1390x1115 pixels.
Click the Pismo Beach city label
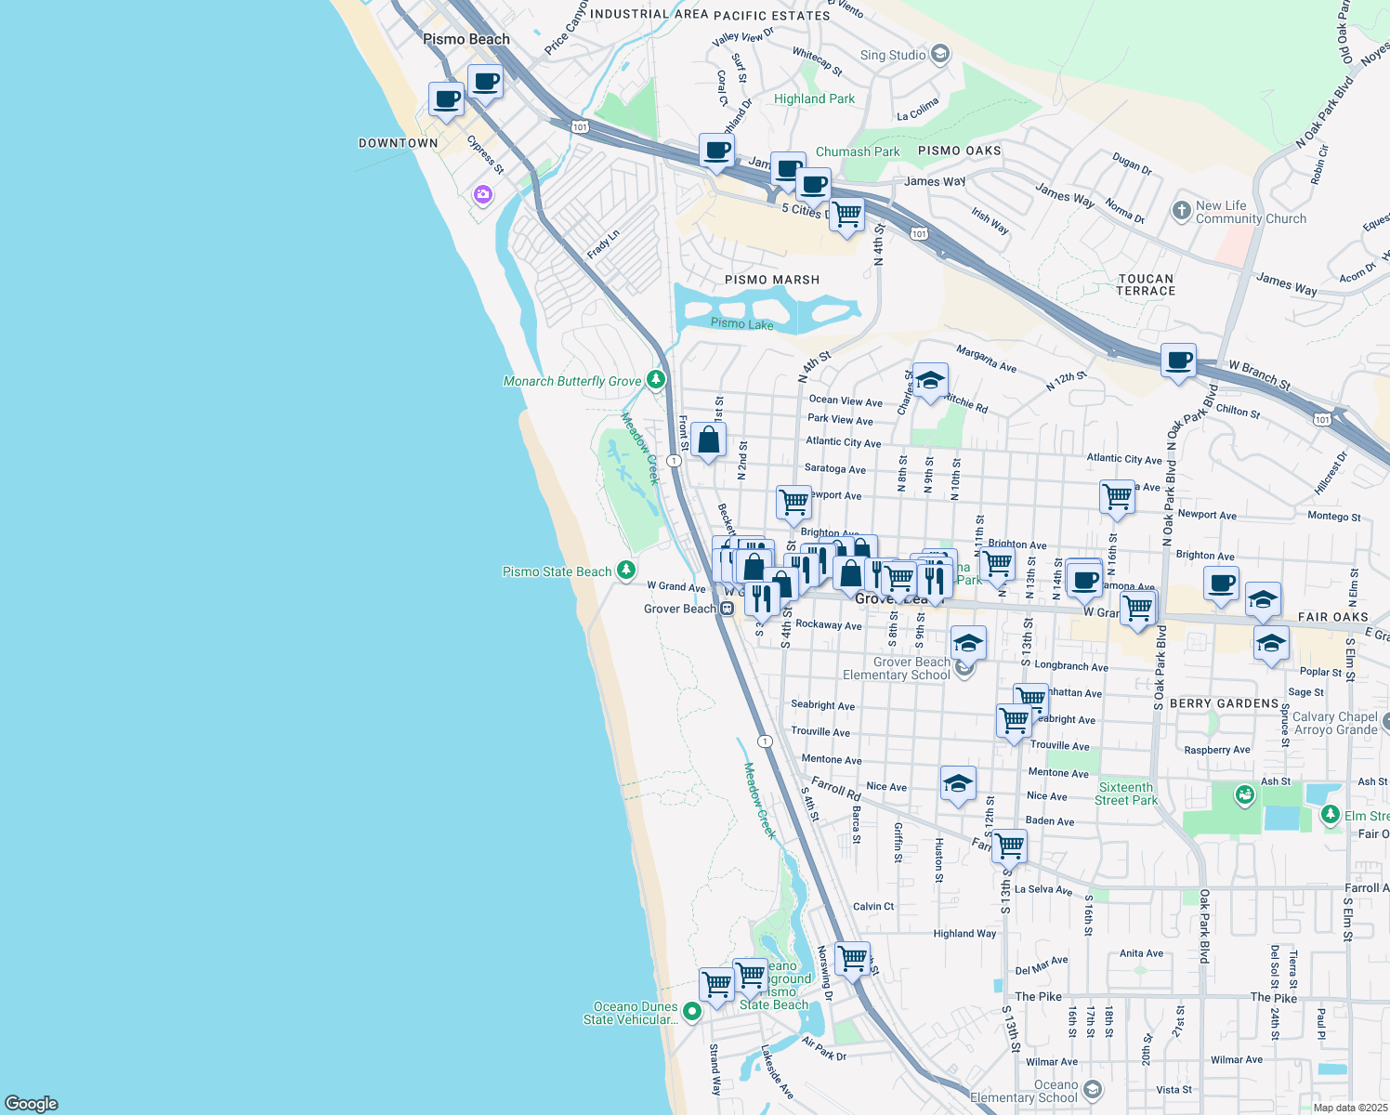coord(466,39)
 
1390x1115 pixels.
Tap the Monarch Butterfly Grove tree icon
coord(656,379)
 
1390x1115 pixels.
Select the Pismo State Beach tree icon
coord(627,570)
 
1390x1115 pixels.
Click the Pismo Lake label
coord(741,323)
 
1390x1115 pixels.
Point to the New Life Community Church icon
coord(1181,211)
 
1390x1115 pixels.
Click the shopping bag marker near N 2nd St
coord(708,440)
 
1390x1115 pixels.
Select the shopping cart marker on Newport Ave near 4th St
coord(793,502)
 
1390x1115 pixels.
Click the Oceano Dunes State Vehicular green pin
coord(691,1012)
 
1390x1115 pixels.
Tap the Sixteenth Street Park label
coord(1126,794)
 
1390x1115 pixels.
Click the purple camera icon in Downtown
coord(482,194)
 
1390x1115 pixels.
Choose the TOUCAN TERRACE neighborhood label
coord(1146,284)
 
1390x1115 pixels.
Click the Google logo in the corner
coord(32,1103)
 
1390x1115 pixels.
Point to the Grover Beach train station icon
coord(728,609)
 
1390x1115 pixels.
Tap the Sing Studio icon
coord(940,55)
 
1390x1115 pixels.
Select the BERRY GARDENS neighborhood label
coord(1224,703)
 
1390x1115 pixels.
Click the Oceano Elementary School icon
coord(1092,1090)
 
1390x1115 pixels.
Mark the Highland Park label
coord(814,98)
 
